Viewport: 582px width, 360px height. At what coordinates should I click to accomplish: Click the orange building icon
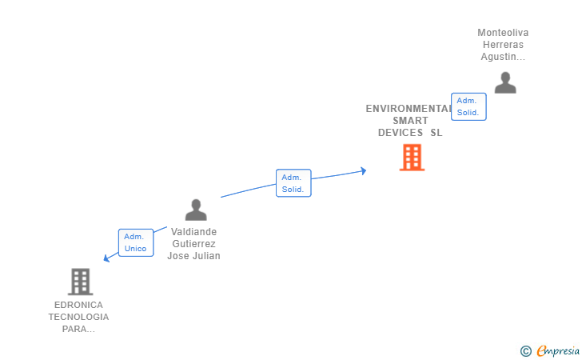pyautogui.click(x=412, y=158)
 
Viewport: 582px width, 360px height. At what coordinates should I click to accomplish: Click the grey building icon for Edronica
pyautogui.click(x=80, y=282)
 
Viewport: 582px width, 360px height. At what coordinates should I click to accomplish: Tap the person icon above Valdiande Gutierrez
pyautogui.click(x=196, y=210)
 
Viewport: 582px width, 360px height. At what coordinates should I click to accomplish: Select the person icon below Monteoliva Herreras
pyautogui.click(x=504, y=82)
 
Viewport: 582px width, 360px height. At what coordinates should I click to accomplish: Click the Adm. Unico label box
pyautogui.click(x=135, y=242)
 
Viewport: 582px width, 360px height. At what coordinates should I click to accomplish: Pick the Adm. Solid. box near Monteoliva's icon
pyautogui.click(x=468, y=106)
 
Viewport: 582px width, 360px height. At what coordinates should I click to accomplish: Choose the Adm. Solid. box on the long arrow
pyautogui.click(x=293, y=183)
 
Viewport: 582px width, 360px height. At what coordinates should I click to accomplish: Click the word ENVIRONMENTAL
pyautogui.click(x=409, y=109)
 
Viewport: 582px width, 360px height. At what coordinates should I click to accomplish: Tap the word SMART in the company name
pyautogui.click(x=410, y=121)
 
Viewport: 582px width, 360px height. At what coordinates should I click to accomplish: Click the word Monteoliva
pyautogui.click(x=503, y=33)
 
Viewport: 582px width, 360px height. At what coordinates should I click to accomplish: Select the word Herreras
pyautogui.click(x=503, y=45)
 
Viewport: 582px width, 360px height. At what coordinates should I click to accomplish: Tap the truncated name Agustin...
pyautogui.click(x=503, y=57)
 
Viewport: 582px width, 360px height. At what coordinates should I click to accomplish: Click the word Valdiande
pyautogui.click(x=193, y=232)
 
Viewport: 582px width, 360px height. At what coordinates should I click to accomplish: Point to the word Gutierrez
pyautogui.click(x=193, y=244)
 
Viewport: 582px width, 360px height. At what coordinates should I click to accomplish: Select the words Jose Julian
pyautogui.click(x=193, y=256)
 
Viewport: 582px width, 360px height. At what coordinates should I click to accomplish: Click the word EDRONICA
pyautogui.click(x=78, y=305)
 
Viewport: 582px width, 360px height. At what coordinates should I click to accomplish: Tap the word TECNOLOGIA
pyautogui.click(x=78, y=317)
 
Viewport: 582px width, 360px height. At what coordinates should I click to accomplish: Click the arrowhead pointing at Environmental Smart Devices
pyautogui.click(x=363, y=170)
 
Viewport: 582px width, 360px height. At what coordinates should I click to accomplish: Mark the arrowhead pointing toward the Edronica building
pyautogui.click(x=106, y=258)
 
